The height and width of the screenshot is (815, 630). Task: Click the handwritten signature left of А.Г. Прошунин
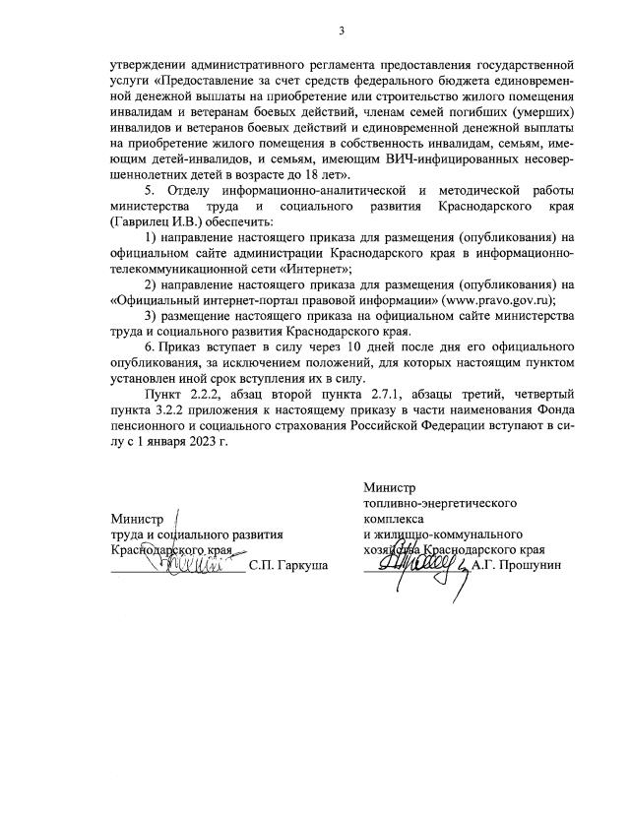[x=418, y=563]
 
